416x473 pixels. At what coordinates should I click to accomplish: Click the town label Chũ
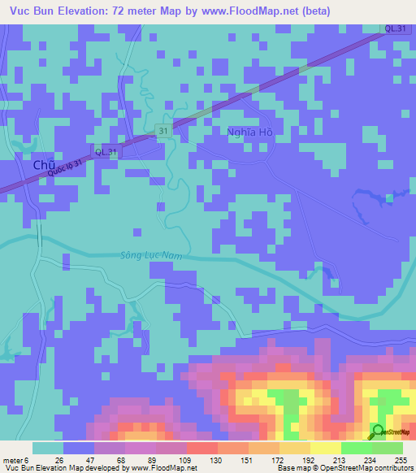44,165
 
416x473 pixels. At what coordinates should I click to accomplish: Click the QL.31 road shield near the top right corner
396,28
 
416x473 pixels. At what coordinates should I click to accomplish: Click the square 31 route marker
163,130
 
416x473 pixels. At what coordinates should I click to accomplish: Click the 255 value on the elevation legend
401,459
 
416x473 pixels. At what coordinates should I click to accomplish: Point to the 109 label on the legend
186,459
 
